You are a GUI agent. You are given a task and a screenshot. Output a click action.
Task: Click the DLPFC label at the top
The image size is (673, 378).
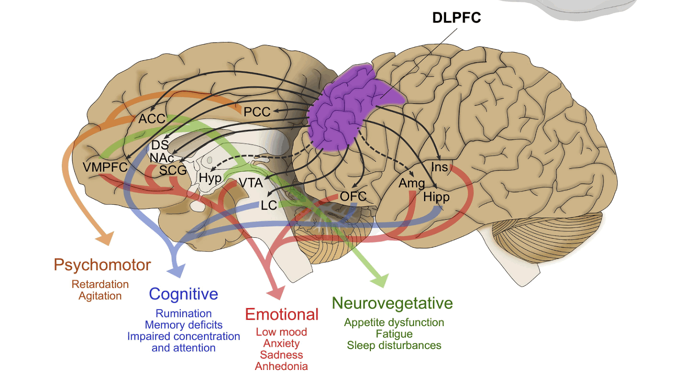[x=456, y=18]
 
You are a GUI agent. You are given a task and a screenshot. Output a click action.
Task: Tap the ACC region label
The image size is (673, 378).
[x=151, y=119]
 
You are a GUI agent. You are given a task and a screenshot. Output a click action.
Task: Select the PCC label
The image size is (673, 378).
[x=257, y=112]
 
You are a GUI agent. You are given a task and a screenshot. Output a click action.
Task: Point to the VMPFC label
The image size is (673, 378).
[x=105, y=167]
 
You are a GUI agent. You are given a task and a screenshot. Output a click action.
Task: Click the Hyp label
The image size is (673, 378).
[x=210, y=178]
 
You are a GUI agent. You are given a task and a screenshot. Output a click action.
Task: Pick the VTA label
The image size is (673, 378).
[x=251, y=183]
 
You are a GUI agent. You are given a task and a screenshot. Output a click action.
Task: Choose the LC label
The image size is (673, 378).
[x=269, y=205]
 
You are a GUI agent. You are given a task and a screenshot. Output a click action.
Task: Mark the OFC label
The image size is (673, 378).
[x=353, y=196]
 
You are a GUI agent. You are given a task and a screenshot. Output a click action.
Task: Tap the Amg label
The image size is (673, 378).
[x=412, y=183]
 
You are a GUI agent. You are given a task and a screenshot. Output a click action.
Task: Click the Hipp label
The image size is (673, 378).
[x=436, y=197]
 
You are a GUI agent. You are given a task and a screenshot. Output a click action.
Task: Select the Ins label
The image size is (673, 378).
[x=439, y=167]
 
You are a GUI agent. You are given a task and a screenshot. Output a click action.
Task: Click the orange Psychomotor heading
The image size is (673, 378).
[x=102, y=265]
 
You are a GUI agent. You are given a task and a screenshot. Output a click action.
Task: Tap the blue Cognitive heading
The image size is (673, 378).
[x=183, y=294]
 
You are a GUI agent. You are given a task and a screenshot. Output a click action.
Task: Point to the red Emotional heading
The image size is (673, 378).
[x=281, y=314]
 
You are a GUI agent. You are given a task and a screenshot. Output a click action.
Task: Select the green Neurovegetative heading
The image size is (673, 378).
[x=392, y=303]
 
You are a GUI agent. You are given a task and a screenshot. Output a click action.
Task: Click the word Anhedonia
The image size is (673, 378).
[x=281, y=366]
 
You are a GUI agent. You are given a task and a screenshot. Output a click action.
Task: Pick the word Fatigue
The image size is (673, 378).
[x=394, y=334]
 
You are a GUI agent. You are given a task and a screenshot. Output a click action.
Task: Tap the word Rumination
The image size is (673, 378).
[x=183, y=313]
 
